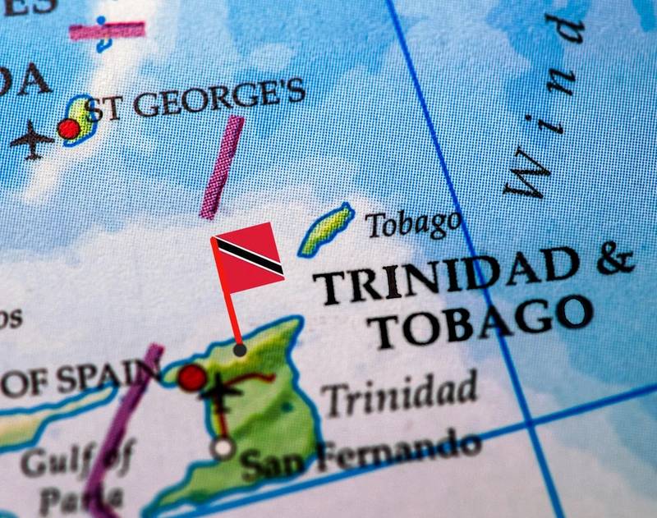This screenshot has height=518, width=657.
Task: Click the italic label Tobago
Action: [x=412, y=222]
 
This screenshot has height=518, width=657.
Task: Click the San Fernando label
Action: [x=361, y=454]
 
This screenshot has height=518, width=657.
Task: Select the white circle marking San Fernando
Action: [x=223, y=448]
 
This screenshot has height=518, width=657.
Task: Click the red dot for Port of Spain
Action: [x=192, y=377]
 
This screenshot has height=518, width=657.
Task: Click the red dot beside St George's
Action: [x=69, y=129]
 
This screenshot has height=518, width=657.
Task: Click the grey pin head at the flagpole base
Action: [x=239, y=350]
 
